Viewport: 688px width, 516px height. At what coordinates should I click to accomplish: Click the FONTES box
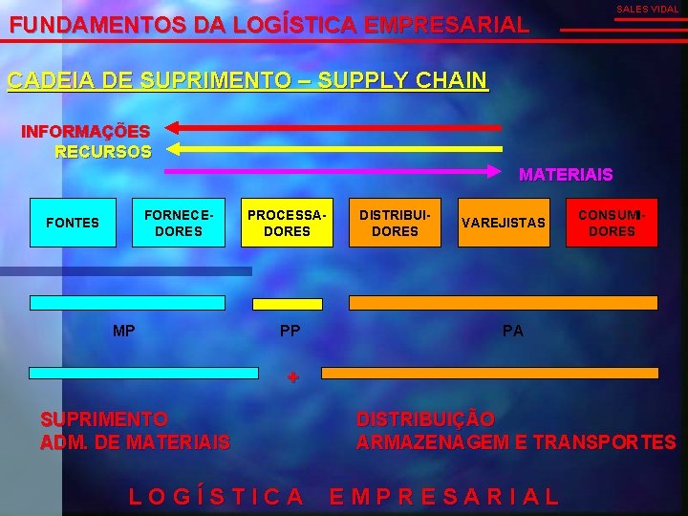(x=73, y=223)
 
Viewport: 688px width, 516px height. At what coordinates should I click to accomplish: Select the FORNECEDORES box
(x=179, y=223)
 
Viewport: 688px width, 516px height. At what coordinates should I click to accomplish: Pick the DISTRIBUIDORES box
(x=395, y=223)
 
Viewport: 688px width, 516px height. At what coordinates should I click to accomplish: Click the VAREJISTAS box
(x=504, y=223)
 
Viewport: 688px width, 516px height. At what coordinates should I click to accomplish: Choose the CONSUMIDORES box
(x=612, y=223)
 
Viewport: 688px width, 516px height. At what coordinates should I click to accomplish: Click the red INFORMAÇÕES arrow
(x=334, y=126)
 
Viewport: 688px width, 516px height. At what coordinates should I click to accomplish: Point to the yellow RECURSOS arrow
(x=334, y=148)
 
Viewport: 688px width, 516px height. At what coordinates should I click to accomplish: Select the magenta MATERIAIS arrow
(x=334, y=171)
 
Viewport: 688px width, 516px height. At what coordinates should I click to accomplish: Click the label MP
(x=123, y=332)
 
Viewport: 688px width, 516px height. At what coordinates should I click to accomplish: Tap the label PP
(x=290, y=332)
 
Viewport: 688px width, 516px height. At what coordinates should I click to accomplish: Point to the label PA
(x=513, y=332)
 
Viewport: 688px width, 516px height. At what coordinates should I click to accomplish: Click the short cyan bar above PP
(x=274, y=303)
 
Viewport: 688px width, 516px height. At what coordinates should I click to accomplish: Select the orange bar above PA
(x=504, y=303)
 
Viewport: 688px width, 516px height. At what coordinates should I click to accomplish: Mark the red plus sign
(x=293, y=376)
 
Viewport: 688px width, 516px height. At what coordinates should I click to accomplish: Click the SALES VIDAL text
(x=647, y=9)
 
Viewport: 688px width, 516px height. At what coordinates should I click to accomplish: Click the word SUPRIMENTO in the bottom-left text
(x=103, y=419)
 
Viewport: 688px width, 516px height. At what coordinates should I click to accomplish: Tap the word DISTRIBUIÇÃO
(x=425, y=419)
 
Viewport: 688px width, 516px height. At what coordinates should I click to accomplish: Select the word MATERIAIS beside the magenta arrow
(x=566, y=175)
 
